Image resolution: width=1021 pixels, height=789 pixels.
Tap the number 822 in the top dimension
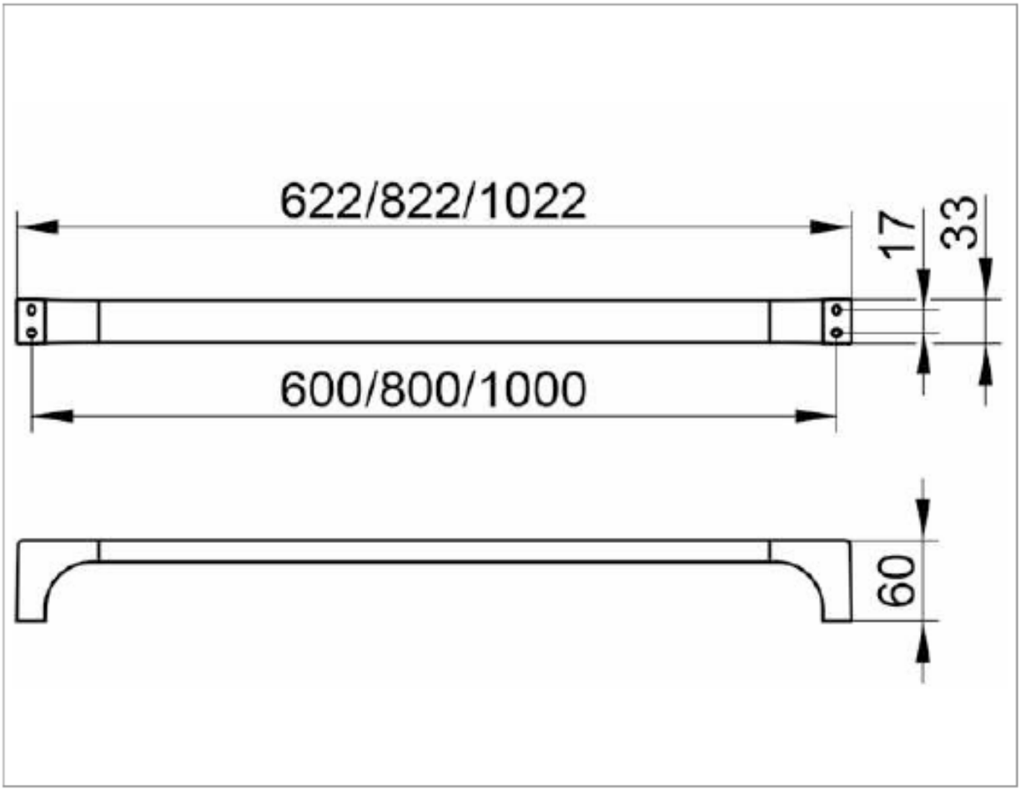tap(419, 202)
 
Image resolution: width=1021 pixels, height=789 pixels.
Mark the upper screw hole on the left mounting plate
tap(32, 309)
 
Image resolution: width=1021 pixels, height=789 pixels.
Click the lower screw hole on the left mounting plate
tap(32, 332)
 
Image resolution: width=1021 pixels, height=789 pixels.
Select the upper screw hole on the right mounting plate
tap(837, 310)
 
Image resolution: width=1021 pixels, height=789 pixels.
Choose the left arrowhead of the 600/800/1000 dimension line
tap(52, 415)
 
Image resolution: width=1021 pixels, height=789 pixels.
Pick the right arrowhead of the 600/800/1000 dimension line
tap(815, 415)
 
